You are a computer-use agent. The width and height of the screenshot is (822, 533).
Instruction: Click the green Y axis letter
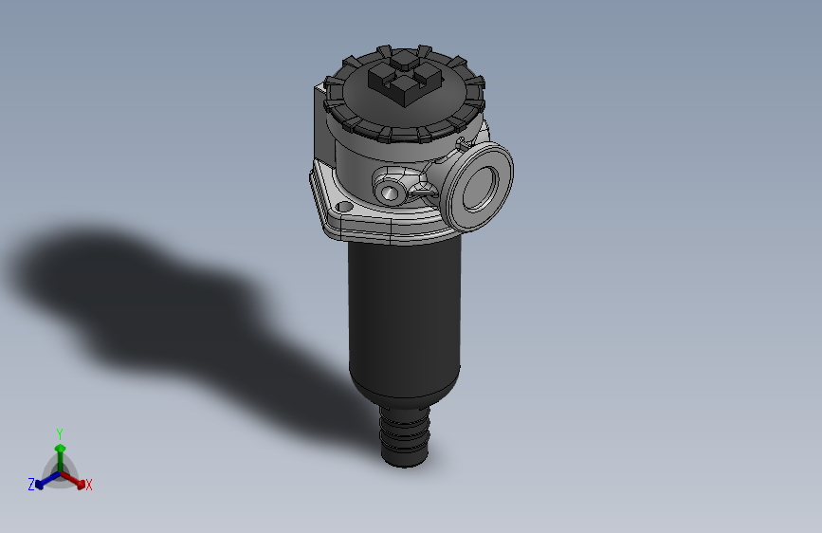[x=60, y=432]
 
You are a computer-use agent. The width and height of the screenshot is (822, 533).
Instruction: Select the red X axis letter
[x=89, y=486]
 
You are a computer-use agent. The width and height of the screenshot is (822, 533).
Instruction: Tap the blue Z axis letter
[x=31, y=485]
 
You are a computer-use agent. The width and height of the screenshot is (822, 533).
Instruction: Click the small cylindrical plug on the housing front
[x=390, y=193]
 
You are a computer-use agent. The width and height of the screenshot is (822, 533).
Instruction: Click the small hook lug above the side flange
[x=462, y=144]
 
